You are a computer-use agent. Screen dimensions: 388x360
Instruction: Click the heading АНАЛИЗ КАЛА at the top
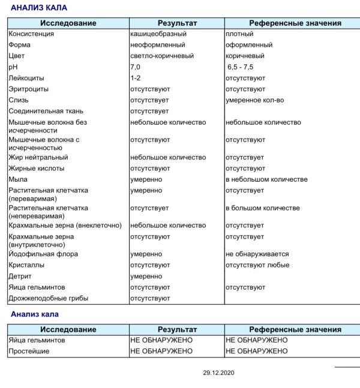click(x=39, y=8)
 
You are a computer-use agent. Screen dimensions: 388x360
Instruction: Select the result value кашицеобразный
click(x=158, y=34)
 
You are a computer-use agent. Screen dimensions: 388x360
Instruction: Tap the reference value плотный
click(x=239, y=34)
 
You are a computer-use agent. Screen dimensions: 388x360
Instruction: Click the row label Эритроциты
click(x=29, y=89)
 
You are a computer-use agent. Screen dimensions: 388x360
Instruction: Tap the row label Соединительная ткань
click(x=46, y=111)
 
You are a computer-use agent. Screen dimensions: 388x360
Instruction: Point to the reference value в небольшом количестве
click(x=266, y=179)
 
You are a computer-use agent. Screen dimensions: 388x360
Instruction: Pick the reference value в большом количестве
click(x=262, y=208)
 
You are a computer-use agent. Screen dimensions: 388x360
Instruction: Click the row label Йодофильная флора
click(x=41, y=254)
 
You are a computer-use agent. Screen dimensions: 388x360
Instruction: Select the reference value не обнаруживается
click(x=257, y=254)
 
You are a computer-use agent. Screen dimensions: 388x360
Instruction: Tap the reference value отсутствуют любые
click(x=257, y=265)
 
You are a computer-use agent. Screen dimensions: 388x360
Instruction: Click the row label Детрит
click(x=20, y=276)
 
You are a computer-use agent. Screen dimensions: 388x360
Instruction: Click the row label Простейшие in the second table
click(x=28, y=351)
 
